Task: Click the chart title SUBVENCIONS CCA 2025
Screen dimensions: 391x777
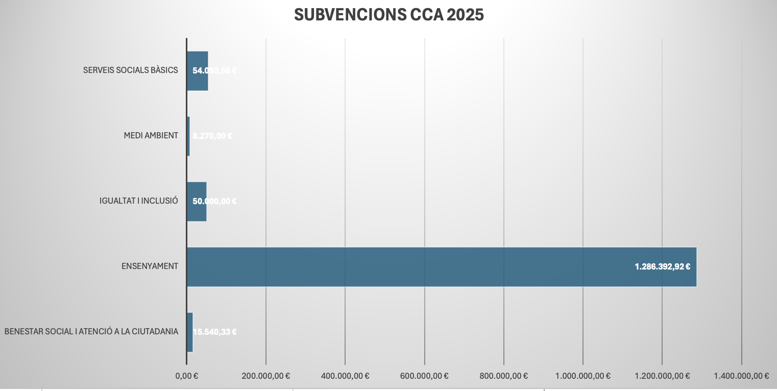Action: coord(388,15)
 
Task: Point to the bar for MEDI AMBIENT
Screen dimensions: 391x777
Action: coord(188,136)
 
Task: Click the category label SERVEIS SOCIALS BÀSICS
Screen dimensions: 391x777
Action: coord(130,70)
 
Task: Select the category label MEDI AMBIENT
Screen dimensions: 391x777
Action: coord(151,136)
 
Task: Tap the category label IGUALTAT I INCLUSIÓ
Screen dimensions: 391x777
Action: coord(138,201)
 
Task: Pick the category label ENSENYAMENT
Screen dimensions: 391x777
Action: coord(150,266)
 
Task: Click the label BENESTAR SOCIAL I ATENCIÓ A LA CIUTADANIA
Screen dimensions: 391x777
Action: coord(91,332)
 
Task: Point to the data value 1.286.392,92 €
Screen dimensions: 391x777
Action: coord(662,266)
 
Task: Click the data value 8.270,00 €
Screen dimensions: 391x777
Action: coord(212,136)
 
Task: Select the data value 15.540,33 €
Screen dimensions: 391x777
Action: coord(214,332)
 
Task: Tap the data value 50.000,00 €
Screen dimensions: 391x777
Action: coord(214,201)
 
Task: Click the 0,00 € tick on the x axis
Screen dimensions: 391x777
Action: coord(187,376)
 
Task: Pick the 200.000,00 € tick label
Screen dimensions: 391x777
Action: coord(266,376)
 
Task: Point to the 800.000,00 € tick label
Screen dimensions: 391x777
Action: coord(504,376)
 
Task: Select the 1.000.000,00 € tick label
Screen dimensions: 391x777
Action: coord(583,376)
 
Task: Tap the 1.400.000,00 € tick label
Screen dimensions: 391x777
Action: coord(741,376)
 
